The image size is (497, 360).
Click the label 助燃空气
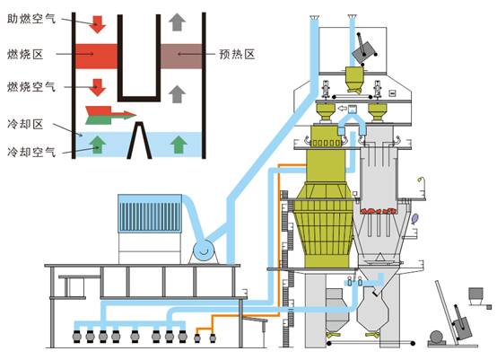click(x=31, y=19)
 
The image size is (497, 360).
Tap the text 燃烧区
click(x=25, y=54)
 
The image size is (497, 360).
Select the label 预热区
click(x=237, y=54)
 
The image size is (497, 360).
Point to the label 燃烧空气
click(x=31, y=86)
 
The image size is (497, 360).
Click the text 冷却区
click(x=25, y=124)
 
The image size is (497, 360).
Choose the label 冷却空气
click(x=31, y=152)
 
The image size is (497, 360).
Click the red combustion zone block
click(x=96, y=57)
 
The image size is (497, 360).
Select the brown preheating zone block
click(x=181, y=57)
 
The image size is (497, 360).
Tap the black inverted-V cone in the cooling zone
click(x=139, y=140)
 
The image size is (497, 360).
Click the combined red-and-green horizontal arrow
click(x=110, y=115)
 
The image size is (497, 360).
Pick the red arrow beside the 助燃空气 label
click(x=97, y=23)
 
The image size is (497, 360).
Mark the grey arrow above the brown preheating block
click(x=178, y=22)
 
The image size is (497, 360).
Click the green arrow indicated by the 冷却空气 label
click(x=98, y=145)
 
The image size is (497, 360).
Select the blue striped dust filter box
click(x=150, y=214)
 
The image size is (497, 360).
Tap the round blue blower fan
click(x=204, y=250)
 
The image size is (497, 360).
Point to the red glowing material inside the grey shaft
click(x=379, y=211)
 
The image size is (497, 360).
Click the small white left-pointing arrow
click(x=343, y=109)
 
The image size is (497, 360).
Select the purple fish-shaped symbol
click(x=414, y=218)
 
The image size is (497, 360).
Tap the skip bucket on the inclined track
click(x=463, y=329)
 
